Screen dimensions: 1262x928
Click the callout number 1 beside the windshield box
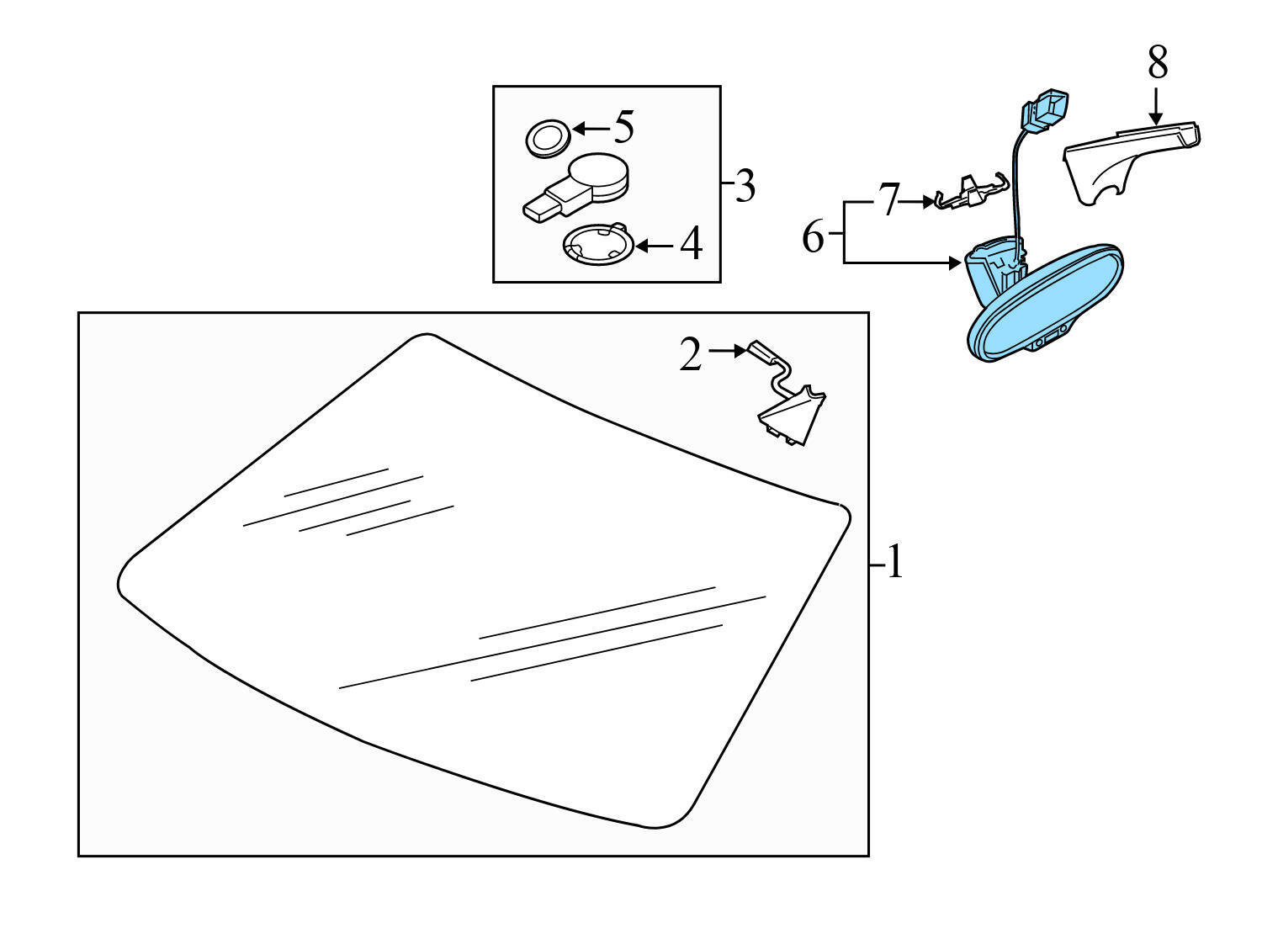895,562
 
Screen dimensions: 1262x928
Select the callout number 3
745,185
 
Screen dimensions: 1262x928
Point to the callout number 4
692,243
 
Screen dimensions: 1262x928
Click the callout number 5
624,127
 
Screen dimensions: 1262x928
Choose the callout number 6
813,237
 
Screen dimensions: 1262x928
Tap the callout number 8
1157,62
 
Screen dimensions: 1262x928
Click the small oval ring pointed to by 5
548,138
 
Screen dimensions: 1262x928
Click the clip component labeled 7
971,192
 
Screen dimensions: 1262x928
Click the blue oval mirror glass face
1046,305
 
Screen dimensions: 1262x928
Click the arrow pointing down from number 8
1156,106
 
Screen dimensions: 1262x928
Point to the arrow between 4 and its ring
654,247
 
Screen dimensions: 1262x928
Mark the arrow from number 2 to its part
728,351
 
